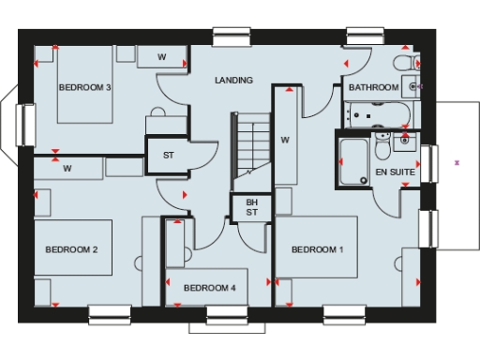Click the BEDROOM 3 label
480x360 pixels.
point(85,87)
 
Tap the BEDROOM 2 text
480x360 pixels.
point(72,249)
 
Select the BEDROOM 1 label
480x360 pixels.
point(317,249)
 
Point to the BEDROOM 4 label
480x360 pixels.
point(209,287)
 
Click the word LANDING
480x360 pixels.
point(233,81)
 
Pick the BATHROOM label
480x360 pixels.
point(373,87)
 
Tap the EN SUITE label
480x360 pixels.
point(394,173)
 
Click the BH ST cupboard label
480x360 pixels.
point(251,207)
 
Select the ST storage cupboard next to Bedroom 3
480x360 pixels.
point(169,156)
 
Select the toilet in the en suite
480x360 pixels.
point(382,148)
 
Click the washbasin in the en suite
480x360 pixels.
point(405,142)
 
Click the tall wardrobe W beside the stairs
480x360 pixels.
point(285,141)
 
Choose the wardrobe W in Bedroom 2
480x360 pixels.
point(67,170)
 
